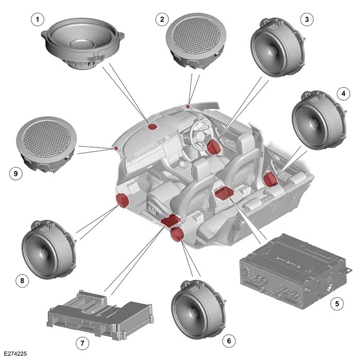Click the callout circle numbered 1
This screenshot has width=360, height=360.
tap(36, 20)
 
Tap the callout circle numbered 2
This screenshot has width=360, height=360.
tap(163, 20)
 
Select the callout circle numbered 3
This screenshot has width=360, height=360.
tap(307, 20)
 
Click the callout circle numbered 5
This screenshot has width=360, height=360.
tap(337, 303)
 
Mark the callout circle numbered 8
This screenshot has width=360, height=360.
tap(21, 280)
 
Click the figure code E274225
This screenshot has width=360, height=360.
tap(15, 354)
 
